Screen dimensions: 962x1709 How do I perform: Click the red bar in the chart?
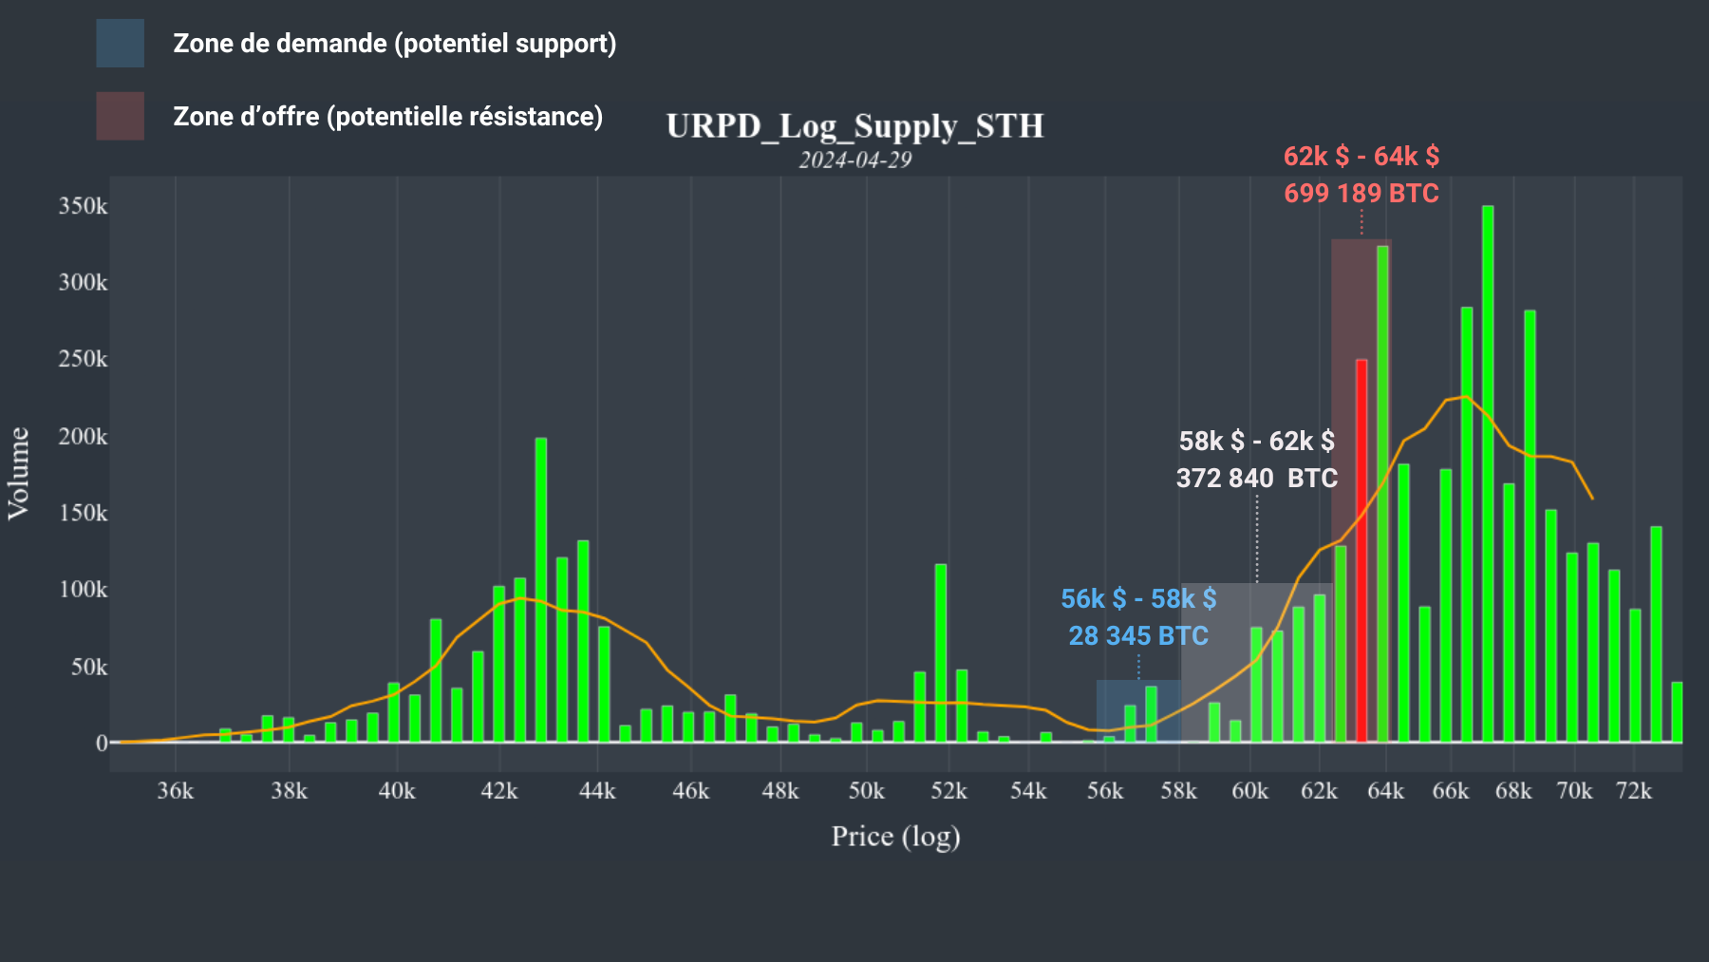[x=1362, y=551]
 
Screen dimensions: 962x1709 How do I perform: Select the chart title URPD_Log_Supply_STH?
[x=854, y=126]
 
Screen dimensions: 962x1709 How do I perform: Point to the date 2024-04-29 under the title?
[x=854, y=160]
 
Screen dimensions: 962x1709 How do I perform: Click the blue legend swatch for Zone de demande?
[x=120, y=43]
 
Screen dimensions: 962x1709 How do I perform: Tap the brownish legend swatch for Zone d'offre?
[x=120, y=116]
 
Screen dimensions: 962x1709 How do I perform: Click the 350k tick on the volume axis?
[x=83, y=206]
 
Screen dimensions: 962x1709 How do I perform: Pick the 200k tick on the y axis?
[x=83, y=437]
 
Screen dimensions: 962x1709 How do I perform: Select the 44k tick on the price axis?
[x=597, y=791]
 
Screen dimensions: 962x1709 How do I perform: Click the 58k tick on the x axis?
[x=1178, y=791]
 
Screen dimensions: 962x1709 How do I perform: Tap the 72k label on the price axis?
[x=1634, y=791]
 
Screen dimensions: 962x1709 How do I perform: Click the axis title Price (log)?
[x=895, y=837]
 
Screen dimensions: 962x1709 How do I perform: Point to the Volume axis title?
[x=19, y=473]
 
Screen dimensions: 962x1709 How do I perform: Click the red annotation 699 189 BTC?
[x=1361, y=194]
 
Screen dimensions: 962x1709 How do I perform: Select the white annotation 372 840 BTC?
[x=1256, y=479]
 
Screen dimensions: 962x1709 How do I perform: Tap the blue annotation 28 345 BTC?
[x=1138, y=636]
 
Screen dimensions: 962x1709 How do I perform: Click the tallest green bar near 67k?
[x=1488, y=475]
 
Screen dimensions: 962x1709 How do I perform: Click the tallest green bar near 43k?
[x=541, y=589]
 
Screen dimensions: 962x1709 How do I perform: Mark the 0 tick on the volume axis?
[x=102, y=744]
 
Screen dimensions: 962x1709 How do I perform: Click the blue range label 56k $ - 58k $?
[x=1138, y=599]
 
